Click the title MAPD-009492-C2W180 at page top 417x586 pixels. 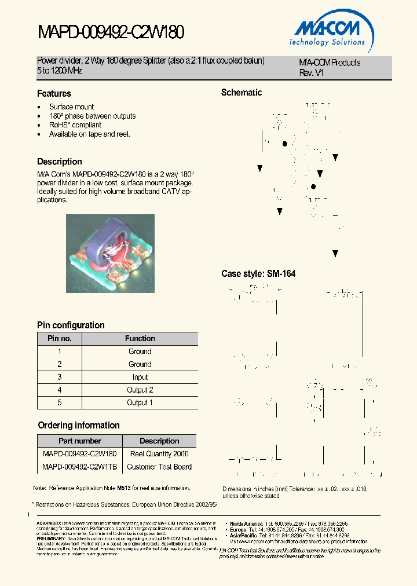[111, 32]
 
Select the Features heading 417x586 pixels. [54, 93]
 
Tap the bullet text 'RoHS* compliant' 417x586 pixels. [75, 125]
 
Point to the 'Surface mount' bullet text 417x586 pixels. [71, 107]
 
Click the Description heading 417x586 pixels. [60, 162]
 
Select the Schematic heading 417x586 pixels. [242, 93]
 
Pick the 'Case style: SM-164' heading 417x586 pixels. [258, 273]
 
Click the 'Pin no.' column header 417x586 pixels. [59, 338]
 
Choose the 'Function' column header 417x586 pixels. [140, 338]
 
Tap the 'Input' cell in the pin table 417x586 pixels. [140, 377]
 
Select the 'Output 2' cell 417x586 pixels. [140, 390]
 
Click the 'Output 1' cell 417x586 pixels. [140, 402]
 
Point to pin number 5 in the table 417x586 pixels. [59, 402]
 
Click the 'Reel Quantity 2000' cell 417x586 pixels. [159, 454]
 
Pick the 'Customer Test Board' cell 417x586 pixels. [159, 467]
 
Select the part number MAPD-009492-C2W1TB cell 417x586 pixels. [80, 467]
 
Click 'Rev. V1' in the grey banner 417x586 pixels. [311, 73]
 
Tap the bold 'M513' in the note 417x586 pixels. [124, 488]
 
